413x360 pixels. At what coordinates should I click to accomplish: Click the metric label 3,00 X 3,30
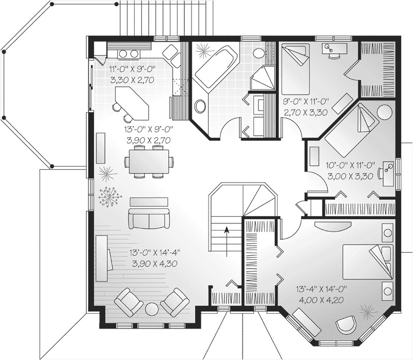coord(350,176)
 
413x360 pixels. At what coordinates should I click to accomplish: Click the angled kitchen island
coord(132,103)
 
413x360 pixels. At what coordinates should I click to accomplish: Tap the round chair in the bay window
coord(345,326)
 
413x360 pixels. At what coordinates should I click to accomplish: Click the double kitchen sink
coord(129,53)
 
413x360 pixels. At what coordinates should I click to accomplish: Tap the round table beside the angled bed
coord(384,112)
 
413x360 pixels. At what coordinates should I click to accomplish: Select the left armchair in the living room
coord(129,302)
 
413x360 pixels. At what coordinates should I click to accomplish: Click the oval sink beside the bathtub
coord(200,107)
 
